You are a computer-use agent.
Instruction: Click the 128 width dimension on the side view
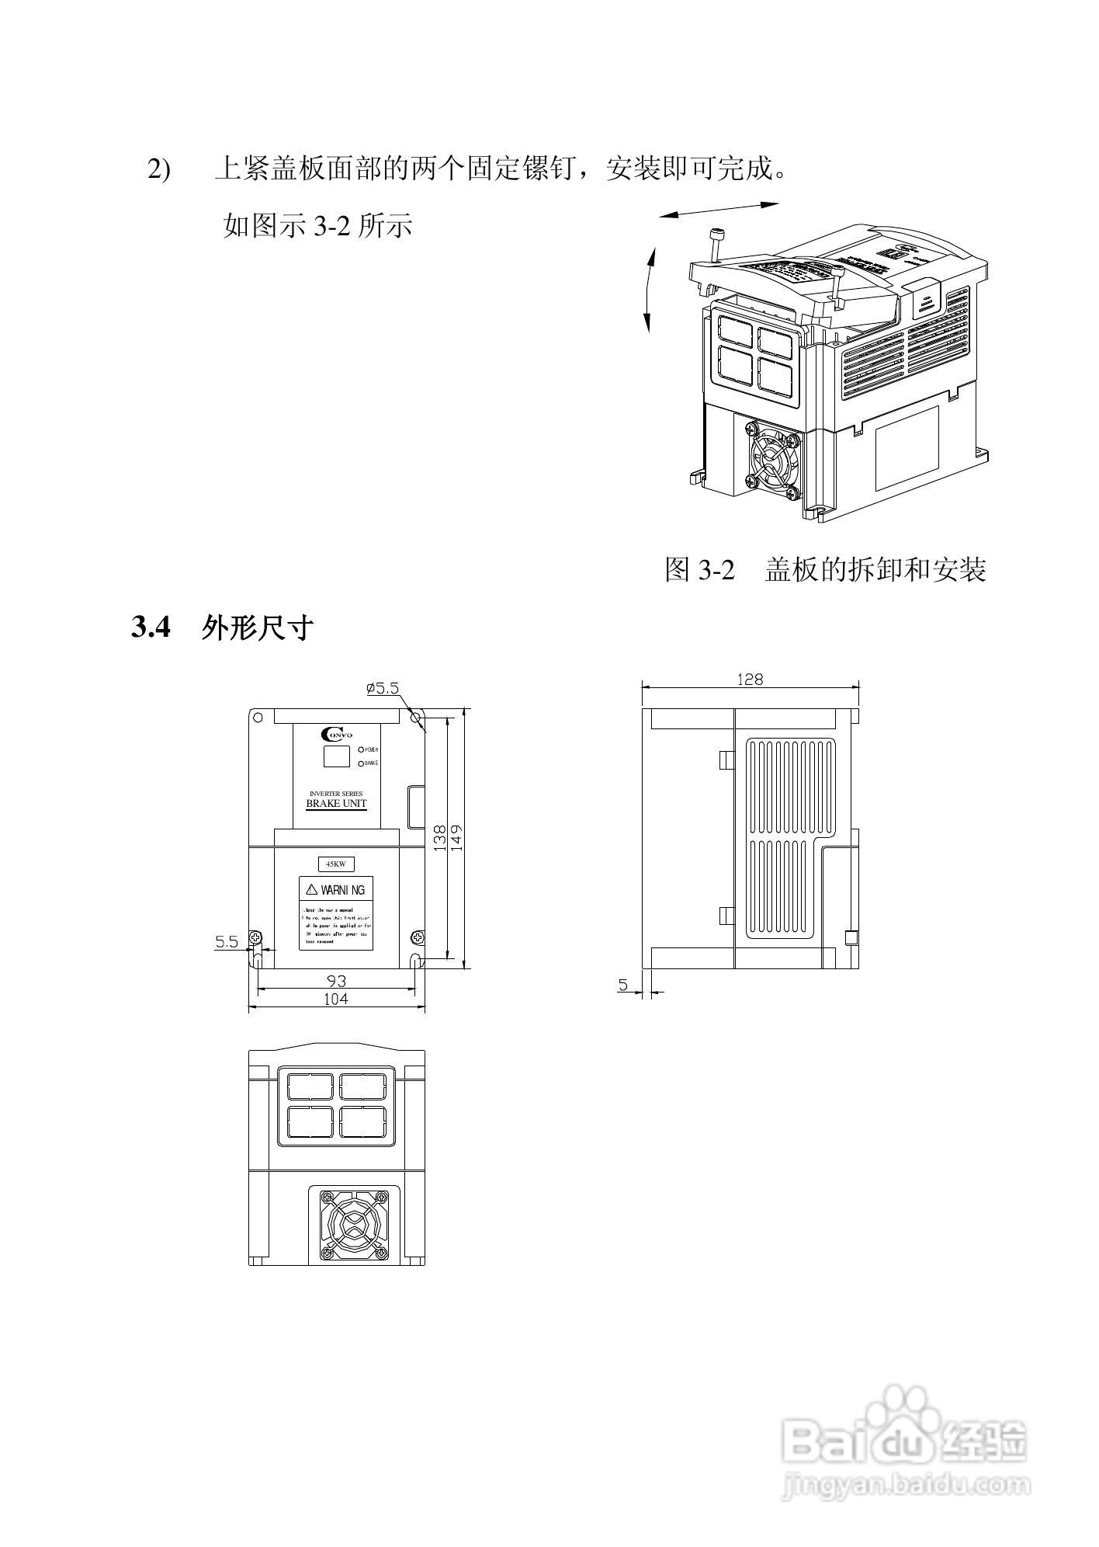(750, 680)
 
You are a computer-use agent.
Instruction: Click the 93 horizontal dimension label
(336, 981)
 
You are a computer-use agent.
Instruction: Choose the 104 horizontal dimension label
(336, 999)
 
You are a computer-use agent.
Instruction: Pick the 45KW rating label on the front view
(336, 864)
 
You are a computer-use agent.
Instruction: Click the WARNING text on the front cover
(336, 890)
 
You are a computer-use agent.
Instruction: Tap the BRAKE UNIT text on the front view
(336, 804)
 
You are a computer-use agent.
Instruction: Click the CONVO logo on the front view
(336, 735)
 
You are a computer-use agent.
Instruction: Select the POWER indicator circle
(361, 750)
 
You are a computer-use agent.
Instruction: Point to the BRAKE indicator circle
(361, 763)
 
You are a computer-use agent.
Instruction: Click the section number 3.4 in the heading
(151, 627)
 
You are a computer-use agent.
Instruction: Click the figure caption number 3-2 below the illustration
(715, 571)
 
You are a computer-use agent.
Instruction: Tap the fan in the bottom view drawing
(354, 1227)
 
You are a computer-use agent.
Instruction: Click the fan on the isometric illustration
(771, 461)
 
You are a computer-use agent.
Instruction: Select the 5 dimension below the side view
(622, 985)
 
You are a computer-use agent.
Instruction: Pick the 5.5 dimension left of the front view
(227, 942)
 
